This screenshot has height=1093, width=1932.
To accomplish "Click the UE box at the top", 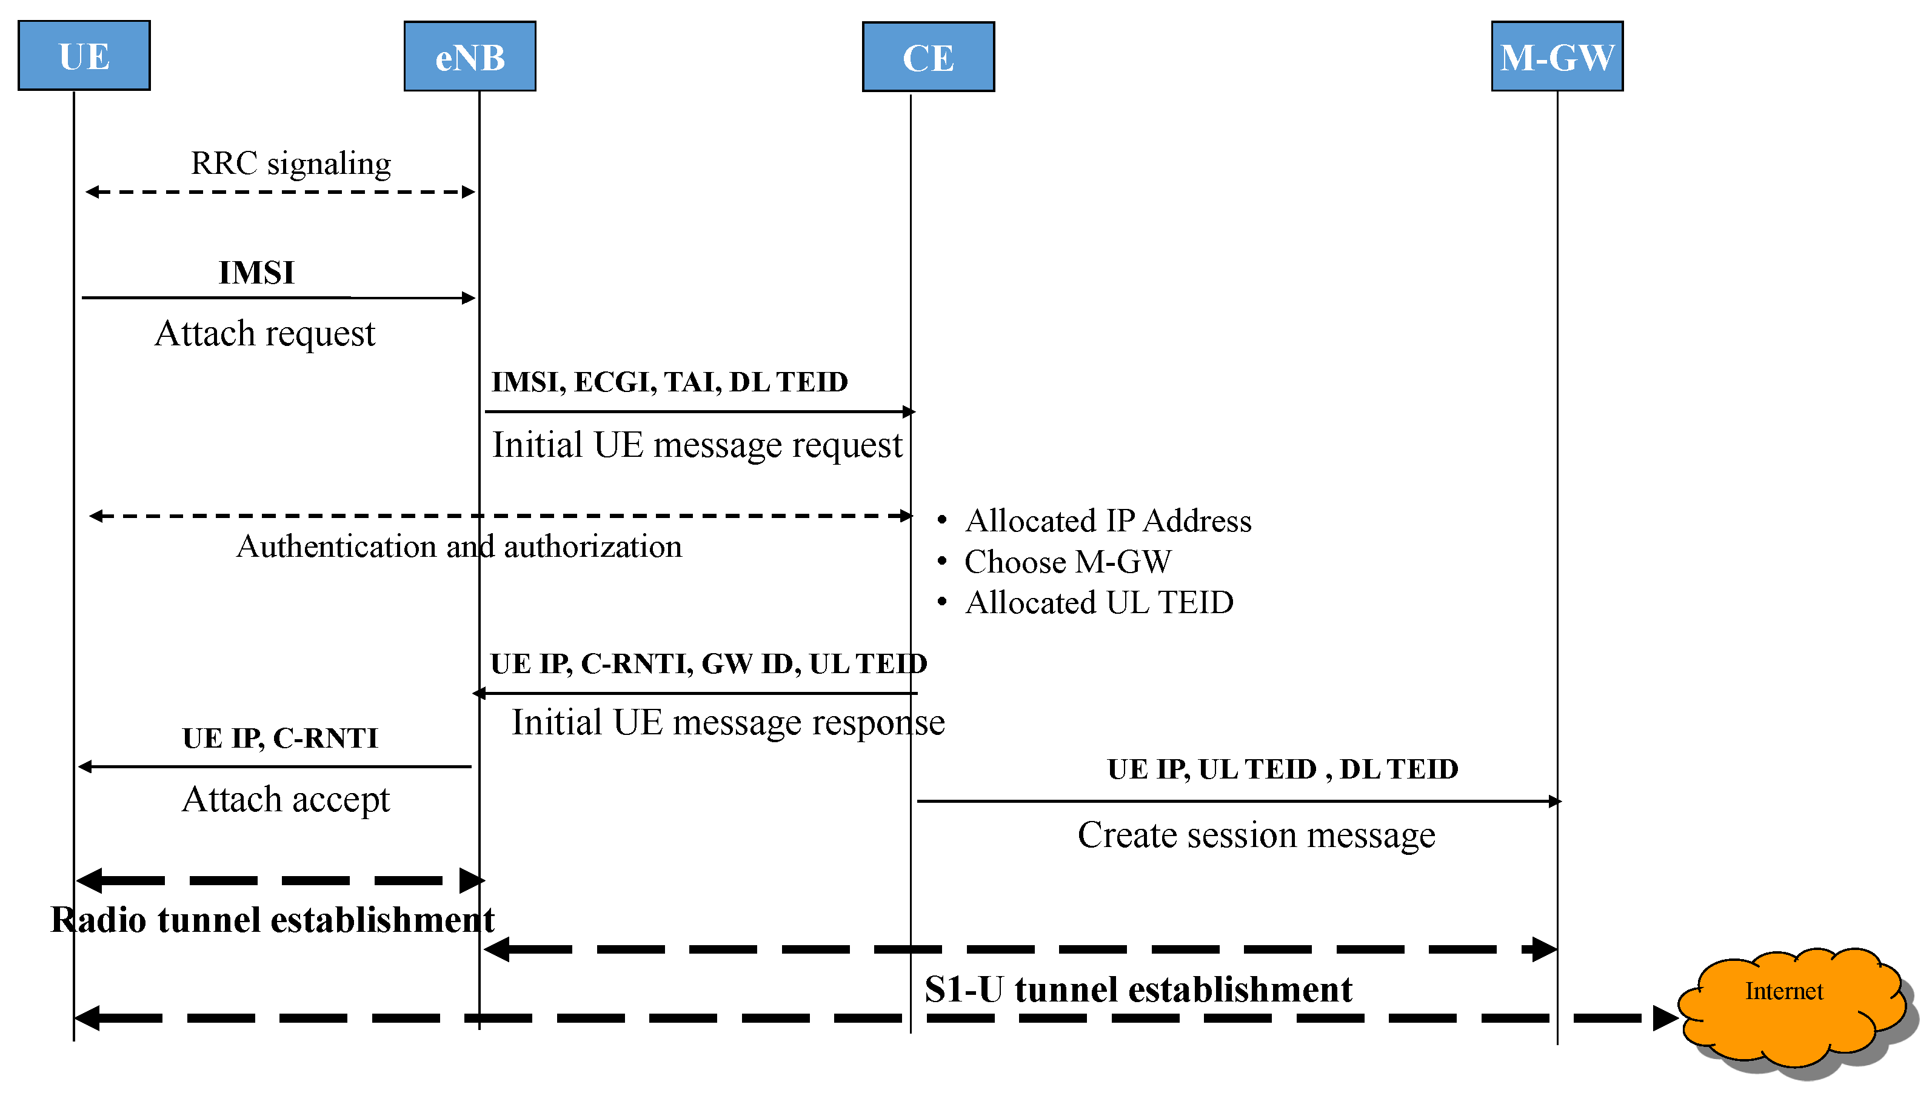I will [x=84, y=56].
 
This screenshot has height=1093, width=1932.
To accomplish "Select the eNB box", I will [x=469, y=57].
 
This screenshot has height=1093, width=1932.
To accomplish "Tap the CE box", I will [x=928, y=58].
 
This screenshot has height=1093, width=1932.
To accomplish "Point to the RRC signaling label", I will [x=290, y=164].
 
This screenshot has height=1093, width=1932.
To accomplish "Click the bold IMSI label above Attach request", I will [x=256, y=273].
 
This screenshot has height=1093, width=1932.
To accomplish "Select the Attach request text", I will [x=264, y=334].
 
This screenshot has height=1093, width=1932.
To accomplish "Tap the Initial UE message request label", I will [x=696, y=445].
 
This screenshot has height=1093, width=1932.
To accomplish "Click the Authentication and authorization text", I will [x=459, y=546].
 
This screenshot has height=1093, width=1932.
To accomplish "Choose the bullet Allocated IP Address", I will [x=1108, y=521].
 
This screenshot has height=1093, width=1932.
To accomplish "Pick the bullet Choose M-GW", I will [x=1067, y=562].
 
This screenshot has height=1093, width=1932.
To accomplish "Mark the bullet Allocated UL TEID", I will [x=1098, y=603].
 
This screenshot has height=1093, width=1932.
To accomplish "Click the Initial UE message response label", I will [x=727, y=723].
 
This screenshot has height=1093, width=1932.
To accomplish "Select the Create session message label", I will [x=1255, y=836].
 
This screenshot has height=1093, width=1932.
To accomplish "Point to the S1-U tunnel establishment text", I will [x=1138, y=989].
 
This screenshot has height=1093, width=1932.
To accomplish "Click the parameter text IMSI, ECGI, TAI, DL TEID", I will [x=669, y=382].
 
